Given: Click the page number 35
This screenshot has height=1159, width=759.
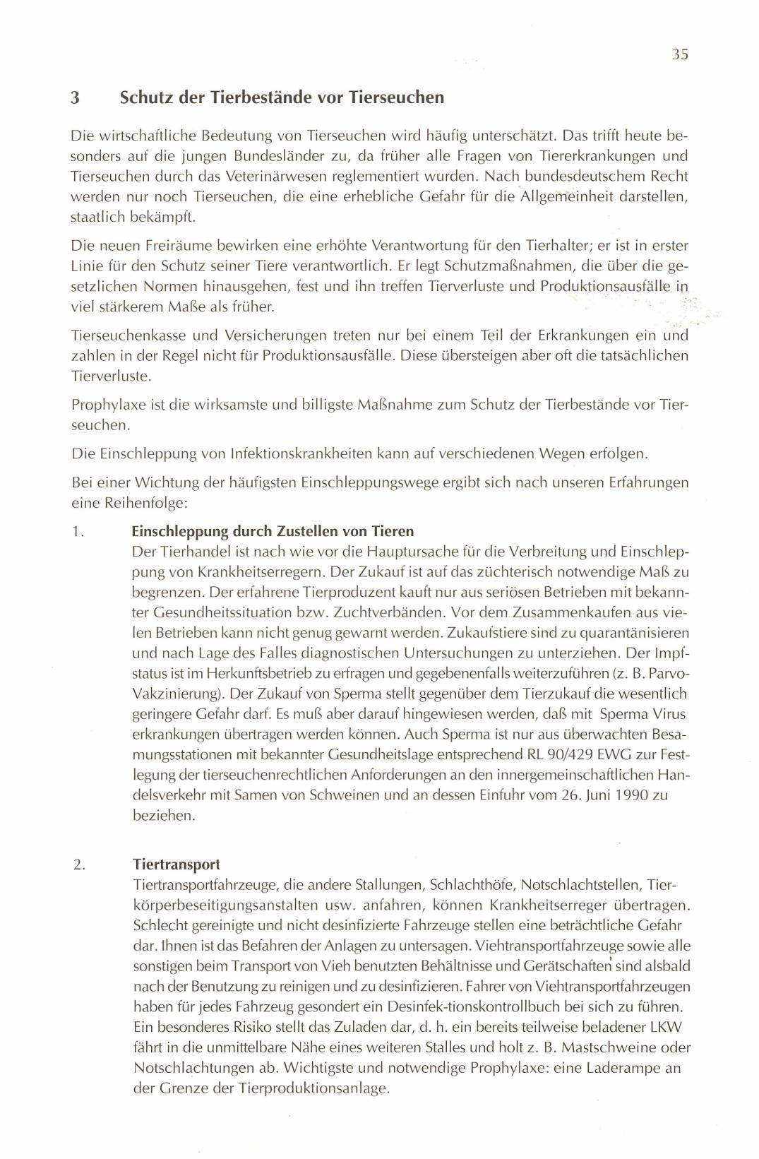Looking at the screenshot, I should [680, 54].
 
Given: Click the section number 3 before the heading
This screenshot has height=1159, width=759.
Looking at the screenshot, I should [75, 97].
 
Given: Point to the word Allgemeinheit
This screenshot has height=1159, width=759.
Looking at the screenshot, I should [566, 196].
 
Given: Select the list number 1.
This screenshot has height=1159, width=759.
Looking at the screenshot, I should [78, 532].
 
